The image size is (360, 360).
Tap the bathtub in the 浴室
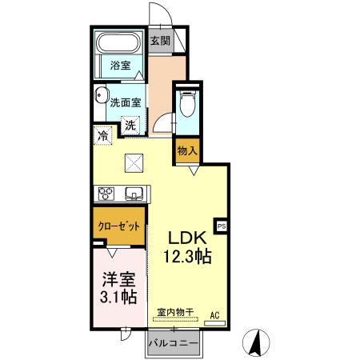click(119, 43)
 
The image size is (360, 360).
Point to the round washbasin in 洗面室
click(100, 96)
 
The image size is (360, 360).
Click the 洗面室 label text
click(126, 103)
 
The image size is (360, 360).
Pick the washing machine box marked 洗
click(130, 125)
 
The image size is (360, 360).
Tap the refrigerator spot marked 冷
click(103, 136)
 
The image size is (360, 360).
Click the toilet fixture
click(187, 103)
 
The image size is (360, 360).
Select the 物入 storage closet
click(186, 150)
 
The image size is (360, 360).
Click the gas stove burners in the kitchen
click(107, 193)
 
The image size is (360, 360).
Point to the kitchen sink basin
click(133, 193)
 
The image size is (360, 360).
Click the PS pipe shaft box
click(222, 226)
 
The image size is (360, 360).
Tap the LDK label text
click(187, 238)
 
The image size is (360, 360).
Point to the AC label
click(214, 314)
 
